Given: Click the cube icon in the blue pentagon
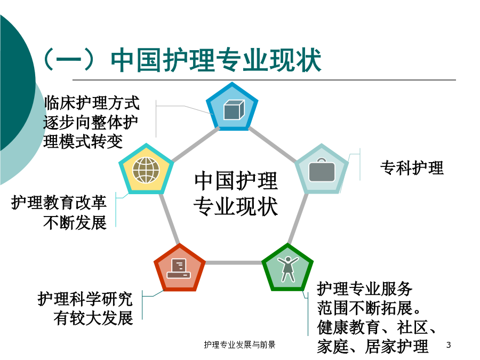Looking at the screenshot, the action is point(234,109).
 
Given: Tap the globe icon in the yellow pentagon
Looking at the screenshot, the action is point(146,170).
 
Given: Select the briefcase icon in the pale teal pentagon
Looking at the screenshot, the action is point(322,170).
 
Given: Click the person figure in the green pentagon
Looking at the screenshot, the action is point(288,269).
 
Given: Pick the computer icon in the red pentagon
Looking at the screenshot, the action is point(179,268).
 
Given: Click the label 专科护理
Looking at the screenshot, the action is point(412,168).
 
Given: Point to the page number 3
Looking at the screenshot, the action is point(449,345).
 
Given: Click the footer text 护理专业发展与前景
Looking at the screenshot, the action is point(239,345).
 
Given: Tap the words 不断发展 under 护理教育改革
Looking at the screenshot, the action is point(75,222).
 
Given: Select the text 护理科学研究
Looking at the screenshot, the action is point(85,299).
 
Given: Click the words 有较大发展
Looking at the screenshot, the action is point(93,318).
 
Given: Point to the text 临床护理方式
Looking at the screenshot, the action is point(92,102).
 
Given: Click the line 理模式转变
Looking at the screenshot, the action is point(83,141).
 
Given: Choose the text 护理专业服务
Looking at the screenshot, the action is point(365,289).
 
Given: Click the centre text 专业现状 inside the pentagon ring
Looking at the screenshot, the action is point(236,206).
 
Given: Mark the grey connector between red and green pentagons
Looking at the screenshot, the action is point(234,262).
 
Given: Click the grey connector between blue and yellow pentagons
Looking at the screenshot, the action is point(196,144).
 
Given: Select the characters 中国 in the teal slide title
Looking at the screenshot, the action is point(137,60).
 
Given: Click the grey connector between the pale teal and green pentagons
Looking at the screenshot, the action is point(298,219).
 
